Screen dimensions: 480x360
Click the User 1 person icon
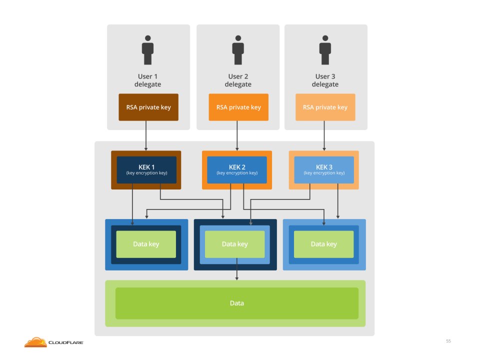(x=147, y=50)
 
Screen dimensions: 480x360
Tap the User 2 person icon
(x=238, y=50)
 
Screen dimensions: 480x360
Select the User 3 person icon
(x=325, y=50)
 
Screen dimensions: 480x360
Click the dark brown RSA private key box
(x=148, y=107)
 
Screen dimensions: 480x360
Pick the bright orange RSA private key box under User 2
(x=238, y=107)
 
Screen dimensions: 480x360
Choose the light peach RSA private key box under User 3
(x=325, y=107)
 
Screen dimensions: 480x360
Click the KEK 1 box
(x=146, y=170)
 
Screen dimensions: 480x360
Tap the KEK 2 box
(x=237, y=170)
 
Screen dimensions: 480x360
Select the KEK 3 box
(x=324, y=170)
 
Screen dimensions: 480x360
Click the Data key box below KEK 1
(x=146, y=244)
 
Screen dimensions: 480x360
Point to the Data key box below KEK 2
(x=235, y=244)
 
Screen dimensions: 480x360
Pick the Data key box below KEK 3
(x=323, y=244)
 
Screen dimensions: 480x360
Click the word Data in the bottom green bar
(x=237, y=303)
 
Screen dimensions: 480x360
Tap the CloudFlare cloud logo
(x=35, y=342)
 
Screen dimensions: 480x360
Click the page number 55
(x=448, y=341)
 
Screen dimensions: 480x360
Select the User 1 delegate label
(x=147, y=80)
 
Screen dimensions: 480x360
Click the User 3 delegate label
(x=325, y=80)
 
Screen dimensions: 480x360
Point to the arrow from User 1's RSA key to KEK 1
(x=146, y=135)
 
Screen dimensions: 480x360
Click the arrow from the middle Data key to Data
(x=236, y=269)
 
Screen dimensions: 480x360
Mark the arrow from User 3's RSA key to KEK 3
(x=324, y=135)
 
